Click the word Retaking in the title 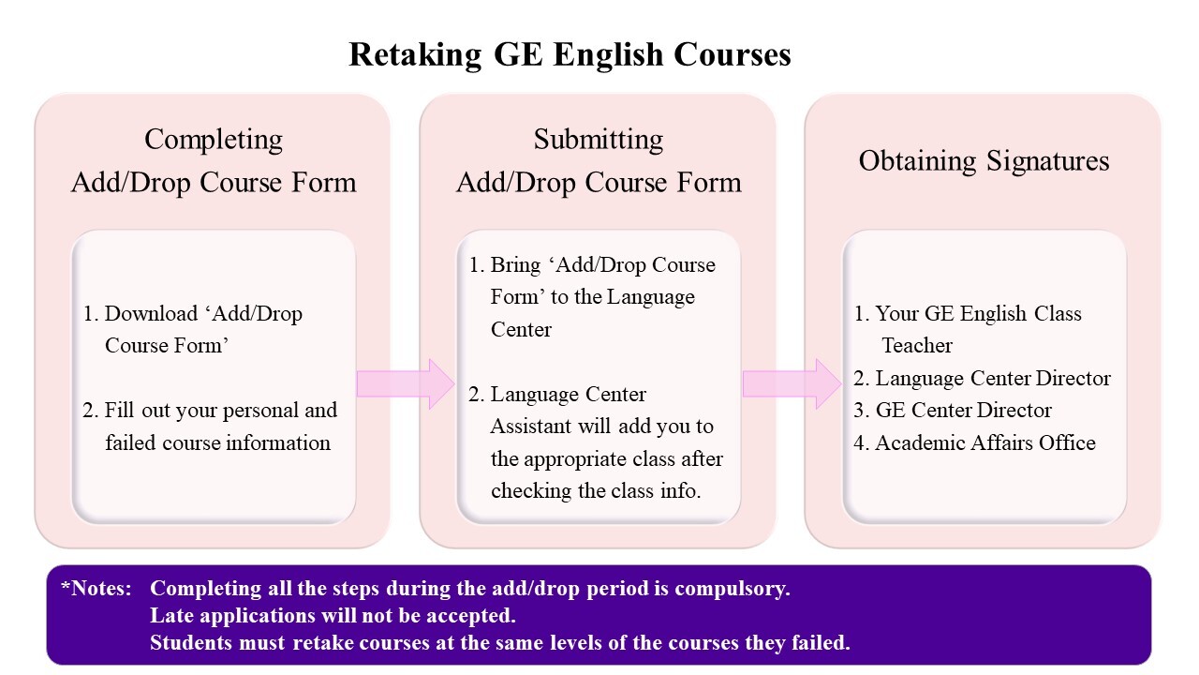pyautogui.click(x=415, y=55)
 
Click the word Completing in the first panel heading pyautogui.click(x=214, y=141)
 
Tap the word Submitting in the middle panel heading pyautogui.click(x=599, y=141)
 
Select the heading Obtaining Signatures pyautogui.click(x=984, y=160)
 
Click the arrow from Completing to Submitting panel pyautogui.click(x=406, y=384)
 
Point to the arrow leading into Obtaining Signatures pyautogui.click(x=792, y=384)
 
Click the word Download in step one pyautogui.click(x=151, y=313)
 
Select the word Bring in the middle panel pyautogui.click(x=515, y=265)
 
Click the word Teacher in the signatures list pyautogui.click(x=917, y=346)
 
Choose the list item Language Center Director pyautogui.click(x=983, y=378)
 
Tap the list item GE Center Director pyautogui.click(x=953, y=411)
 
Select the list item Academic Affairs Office pyautogui.click(x=975, y=443)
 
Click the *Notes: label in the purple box pyautogui.click(x=96, y=588)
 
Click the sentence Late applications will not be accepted pyautogui.click(x=333, y=616)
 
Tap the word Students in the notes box pyautogui.click(x=191, y=642)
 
